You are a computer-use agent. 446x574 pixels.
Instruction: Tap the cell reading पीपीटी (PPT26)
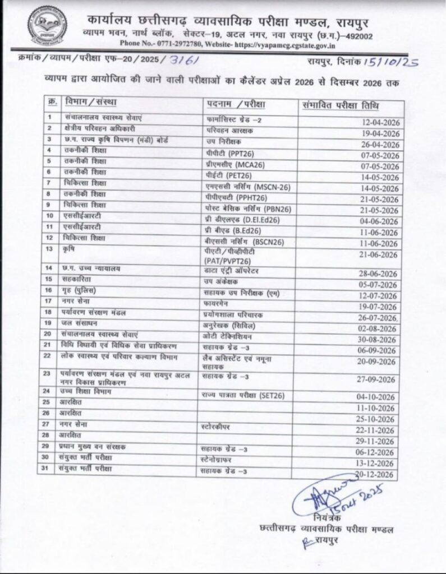[224, 152]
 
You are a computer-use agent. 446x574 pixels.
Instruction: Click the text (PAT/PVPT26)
[227, 261]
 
